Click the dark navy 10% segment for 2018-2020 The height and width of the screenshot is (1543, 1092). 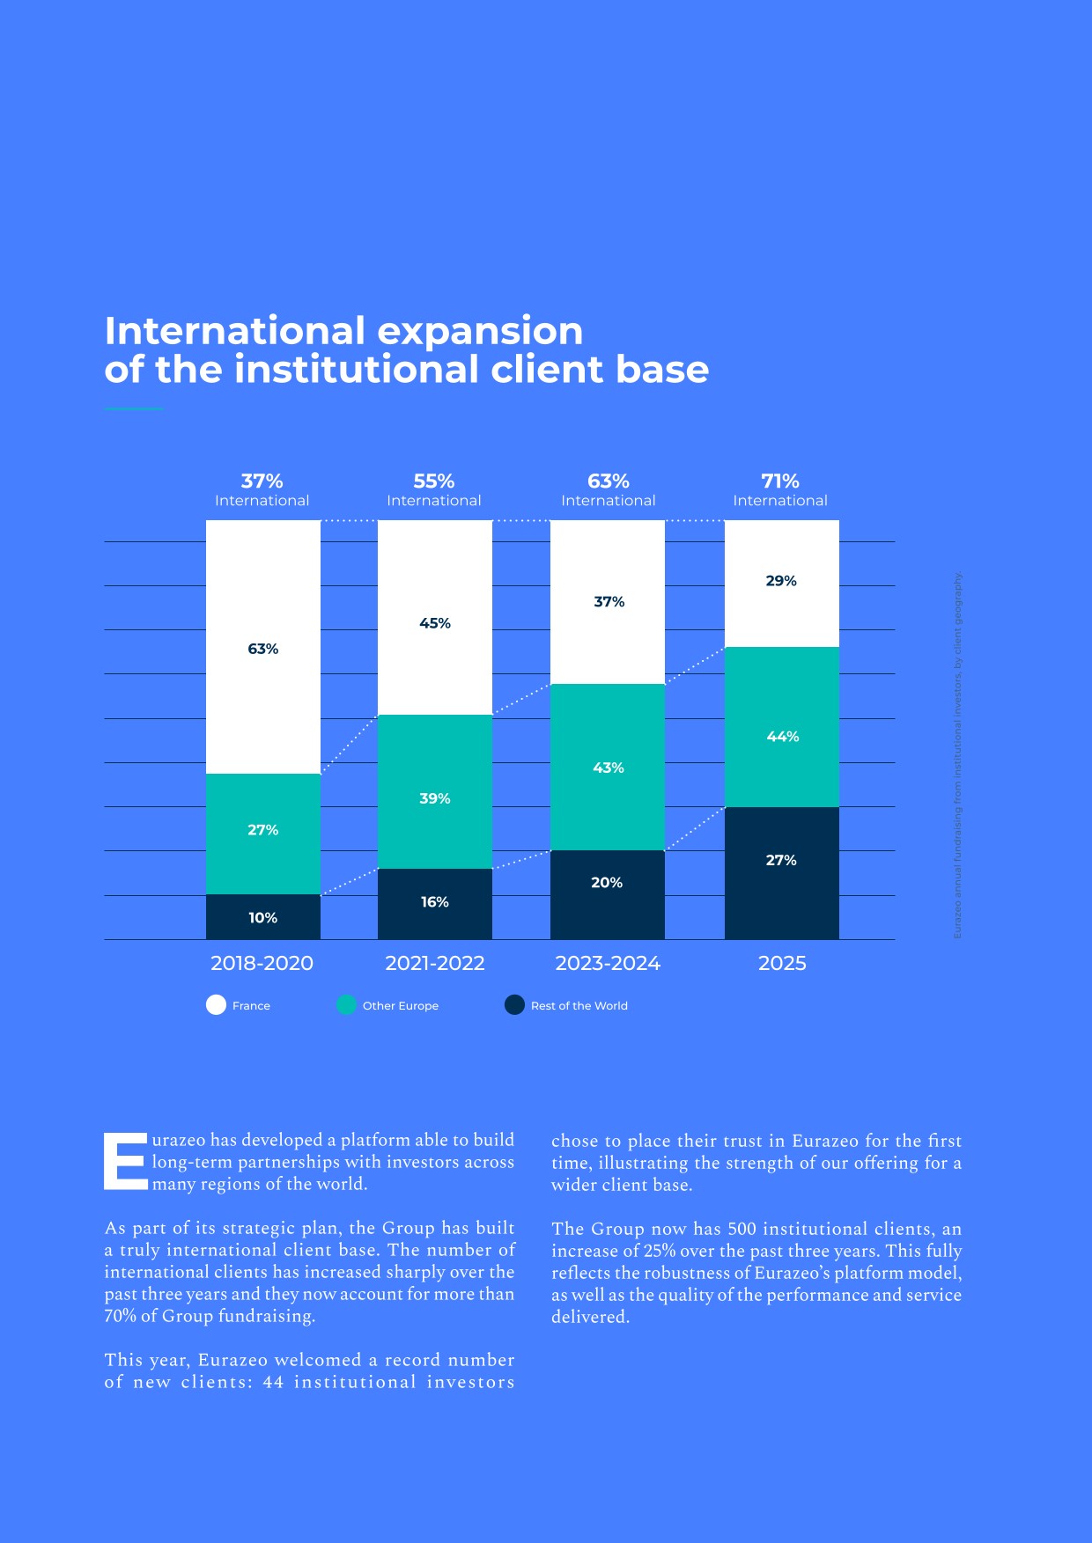(262, 917)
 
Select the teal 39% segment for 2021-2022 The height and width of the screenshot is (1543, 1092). (434, 791)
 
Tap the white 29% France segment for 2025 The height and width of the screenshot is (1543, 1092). (781, 583)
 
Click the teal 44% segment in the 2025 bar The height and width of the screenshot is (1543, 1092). (781, 727)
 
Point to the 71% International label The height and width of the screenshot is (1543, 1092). (780, 489)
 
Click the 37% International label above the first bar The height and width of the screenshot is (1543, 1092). (262, 489)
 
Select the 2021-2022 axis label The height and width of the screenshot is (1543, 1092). (435, 963)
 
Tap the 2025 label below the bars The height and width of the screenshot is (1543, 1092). (782, 963)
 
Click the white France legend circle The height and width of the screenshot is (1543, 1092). (216, 1005)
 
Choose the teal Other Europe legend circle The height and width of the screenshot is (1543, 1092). (346, 1005)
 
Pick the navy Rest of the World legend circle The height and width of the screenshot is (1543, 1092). (514, 1005)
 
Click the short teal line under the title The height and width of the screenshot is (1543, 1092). (134, 409)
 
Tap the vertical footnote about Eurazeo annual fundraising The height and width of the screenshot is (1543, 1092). (958, 755)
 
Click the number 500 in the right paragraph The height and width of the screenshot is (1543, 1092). (742, 1229)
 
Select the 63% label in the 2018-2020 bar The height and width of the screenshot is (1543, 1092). (262, 649)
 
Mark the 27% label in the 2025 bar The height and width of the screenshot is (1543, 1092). (781, 860)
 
